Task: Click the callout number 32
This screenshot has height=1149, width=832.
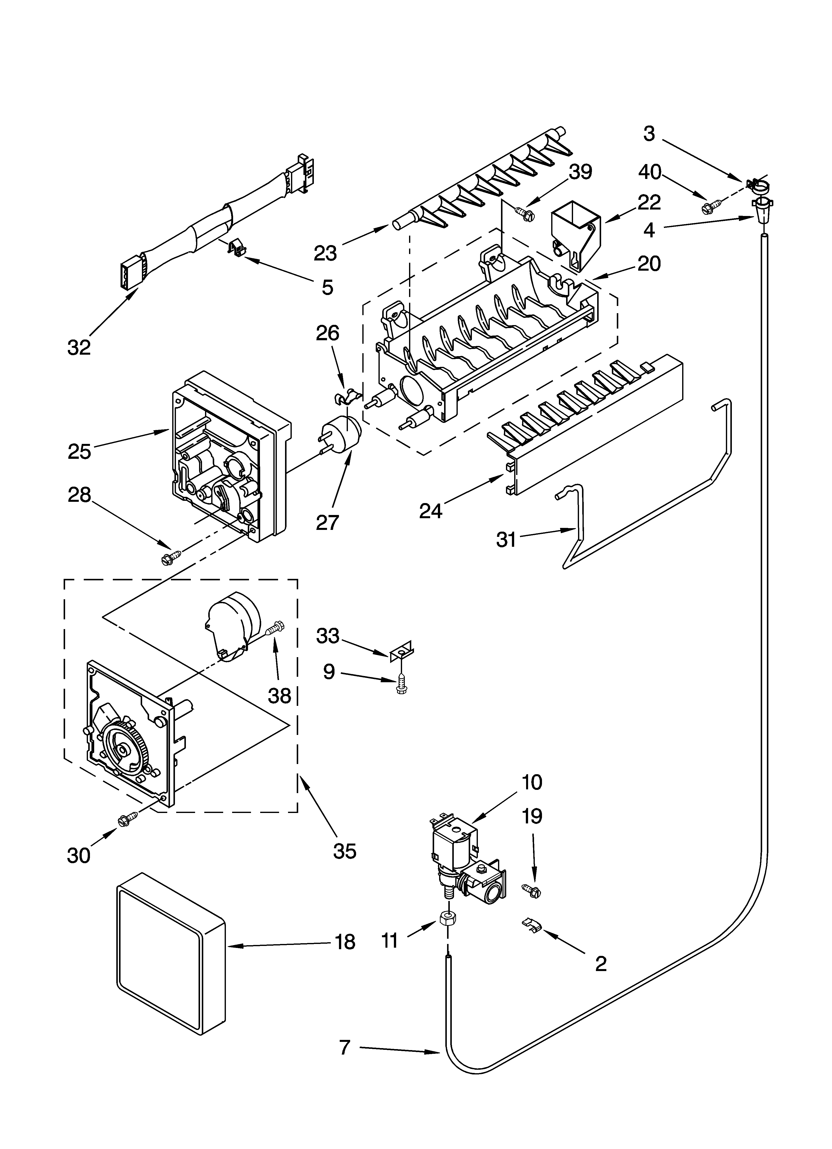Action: (x=79, y=347)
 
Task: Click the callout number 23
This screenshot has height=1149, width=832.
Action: (x=325, y=253)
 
